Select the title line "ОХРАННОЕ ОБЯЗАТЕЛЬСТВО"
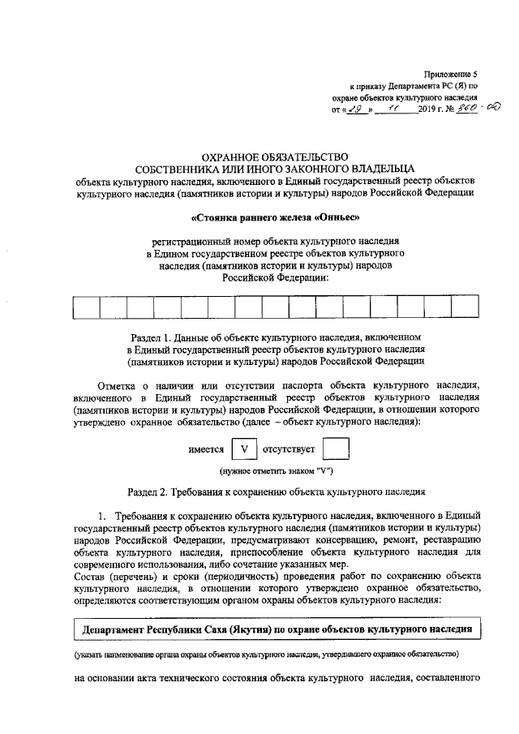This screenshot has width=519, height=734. click(x=276, y=156)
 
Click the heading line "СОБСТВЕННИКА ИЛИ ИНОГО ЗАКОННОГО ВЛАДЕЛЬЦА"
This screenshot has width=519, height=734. click(x=276, y=169)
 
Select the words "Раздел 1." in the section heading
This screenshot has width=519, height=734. click(x=151, y=336)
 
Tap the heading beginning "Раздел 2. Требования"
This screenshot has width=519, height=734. click(x=276, y=492)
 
